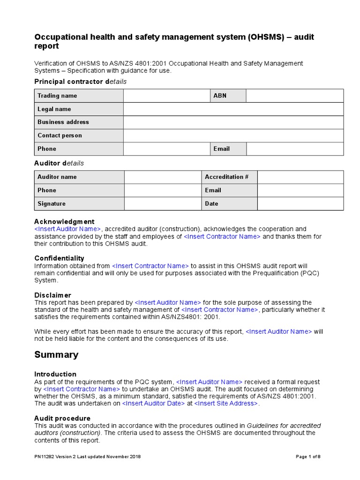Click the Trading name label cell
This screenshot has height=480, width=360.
[x=79, y=96]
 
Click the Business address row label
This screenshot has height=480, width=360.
[x=79, y=122]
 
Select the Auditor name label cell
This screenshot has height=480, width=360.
[x=79, y=177]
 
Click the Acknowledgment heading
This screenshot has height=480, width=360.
[x=64, y=221]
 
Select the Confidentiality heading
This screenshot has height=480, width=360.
[x=59, y=258]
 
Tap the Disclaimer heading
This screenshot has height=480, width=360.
[x=52, y=295]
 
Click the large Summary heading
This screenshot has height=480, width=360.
[x=56, y=355]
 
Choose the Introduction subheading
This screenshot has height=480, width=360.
[x=55, y=374]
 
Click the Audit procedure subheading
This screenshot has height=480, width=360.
[x=62, y=418]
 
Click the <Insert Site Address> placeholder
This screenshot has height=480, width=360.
[x=226, y=404]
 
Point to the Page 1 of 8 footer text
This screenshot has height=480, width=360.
[x=308, y=457]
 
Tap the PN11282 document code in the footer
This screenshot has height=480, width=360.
[x=45, y=457]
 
